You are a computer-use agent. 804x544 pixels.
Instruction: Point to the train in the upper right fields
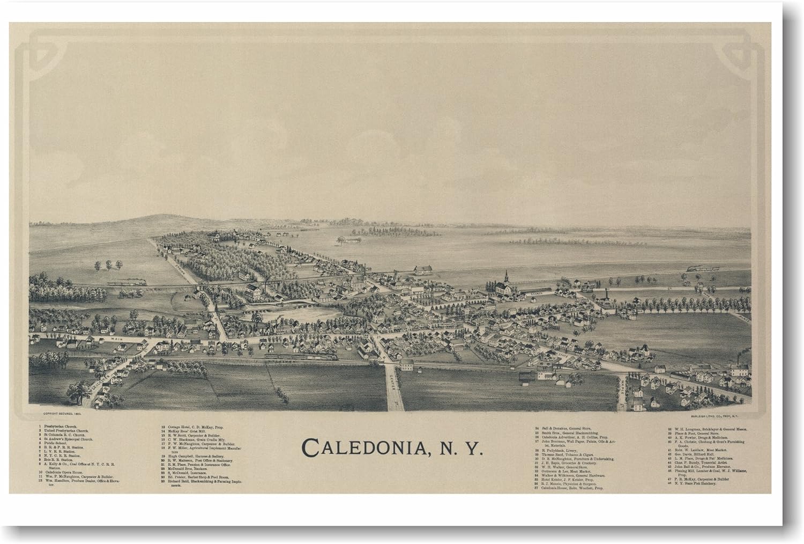pos(702,268)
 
